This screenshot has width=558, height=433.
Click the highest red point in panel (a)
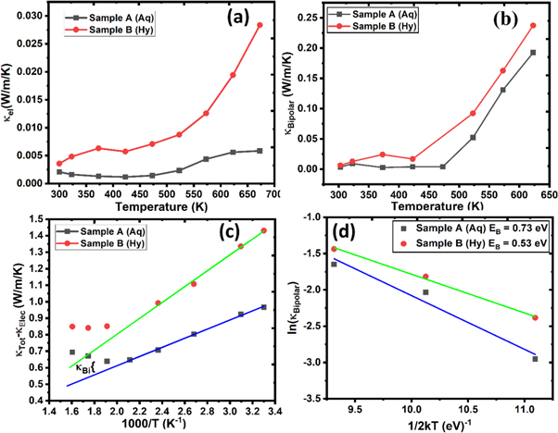(260, 25)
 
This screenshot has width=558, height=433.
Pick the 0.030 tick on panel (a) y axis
(30, 16)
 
